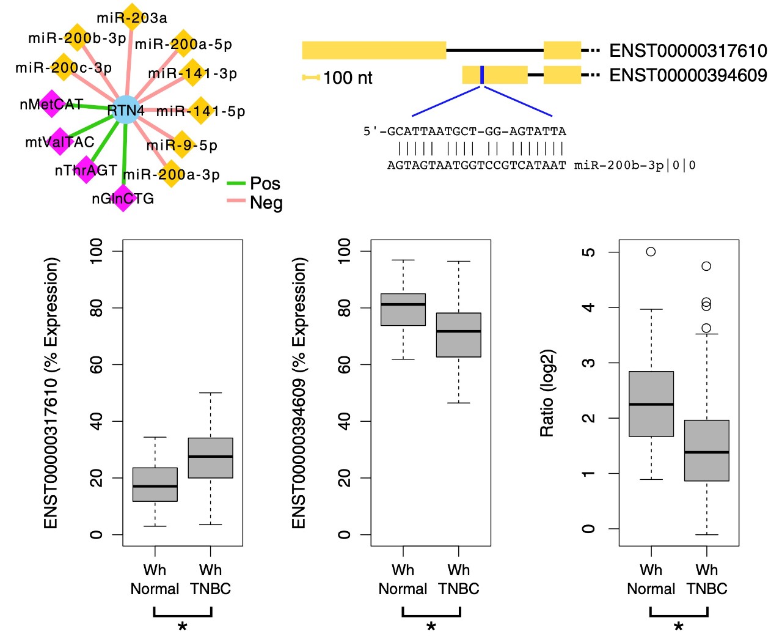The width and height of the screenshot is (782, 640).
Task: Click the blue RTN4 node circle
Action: pos(126,109)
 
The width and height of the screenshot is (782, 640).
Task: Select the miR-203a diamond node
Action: pos(132,17)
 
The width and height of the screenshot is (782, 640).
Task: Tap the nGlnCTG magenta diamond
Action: pos(123,198)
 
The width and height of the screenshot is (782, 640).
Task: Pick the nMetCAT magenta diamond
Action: pos(52,103)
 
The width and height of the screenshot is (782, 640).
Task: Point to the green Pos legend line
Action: pos(236,183)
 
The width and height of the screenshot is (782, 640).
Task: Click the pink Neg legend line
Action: pos(236,200)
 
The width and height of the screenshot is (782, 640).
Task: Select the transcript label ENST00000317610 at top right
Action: pos(688,51)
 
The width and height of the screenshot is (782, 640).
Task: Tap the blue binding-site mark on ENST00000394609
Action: pos(481,75)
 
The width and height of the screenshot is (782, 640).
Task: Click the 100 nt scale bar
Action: pos(311,78)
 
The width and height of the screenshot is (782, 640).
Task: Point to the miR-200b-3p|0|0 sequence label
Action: pos(634,165)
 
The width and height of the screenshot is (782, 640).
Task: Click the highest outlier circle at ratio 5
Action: pos(651,252)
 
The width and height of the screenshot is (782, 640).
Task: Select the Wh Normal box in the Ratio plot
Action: pos(651,403)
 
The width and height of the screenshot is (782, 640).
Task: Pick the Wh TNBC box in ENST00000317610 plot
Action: pos(211,458)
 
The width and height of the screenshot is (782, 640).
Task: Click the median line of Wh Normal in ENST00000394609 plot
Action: pos(403,304)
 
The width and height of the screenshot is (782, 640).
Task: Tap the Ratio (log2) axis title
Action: pos(547,393)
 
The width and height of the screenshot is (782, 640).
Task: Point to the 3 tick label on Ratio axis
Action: pos(589,362)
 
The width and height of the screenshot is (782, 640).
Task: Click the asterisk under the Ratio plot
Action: pos(679,627)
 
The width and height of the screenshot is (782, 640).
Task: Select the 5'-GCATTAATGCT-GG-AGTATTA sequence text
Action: pos(464,131)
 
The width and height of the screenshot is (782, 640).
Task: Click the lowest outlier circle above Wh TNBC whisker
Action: pos(706,328)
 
